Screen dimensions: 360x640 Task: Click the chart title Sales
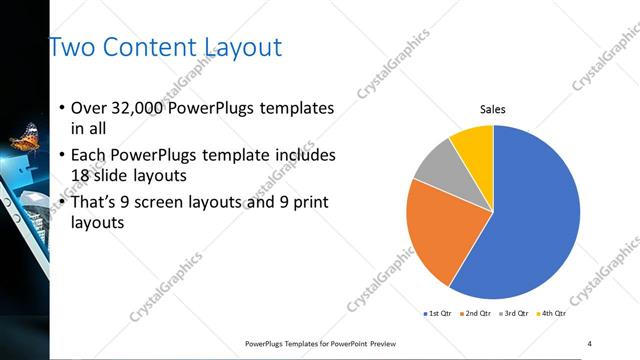tap(493, 109)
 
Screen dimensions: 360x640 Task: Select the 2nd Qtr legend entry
tap(475, 314)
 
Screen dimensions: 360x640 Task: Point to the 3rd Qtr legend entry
tap(514, 314)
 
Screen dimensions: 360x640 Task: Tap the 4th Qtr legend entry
tap(552, 314)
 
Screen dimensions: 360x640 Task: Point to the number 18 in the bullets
tap(81, 175)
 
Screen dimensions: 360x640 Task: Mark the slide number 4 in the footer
tap(590, 343)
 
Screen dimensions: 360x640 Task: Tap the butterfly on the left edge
tap(25, 136)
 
